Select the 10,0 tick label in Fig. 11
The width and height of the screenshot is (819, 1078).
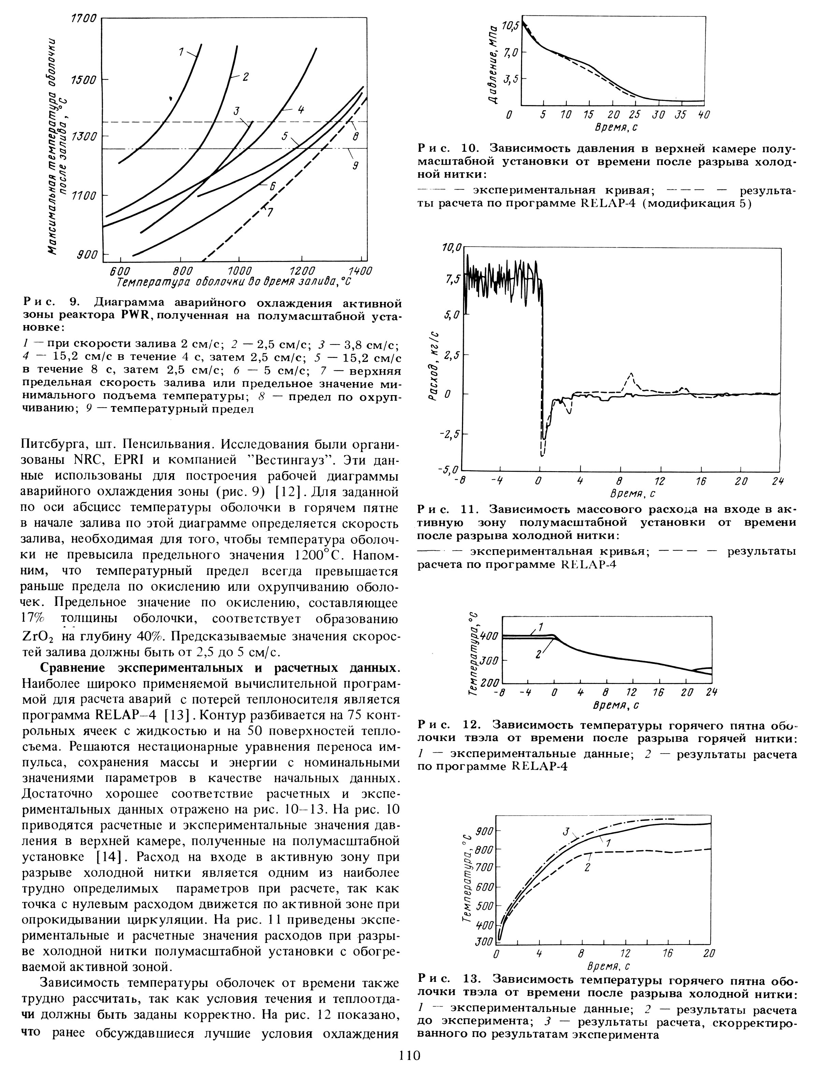pos(451,249)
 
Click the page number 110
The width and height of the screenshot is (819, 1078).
pos(409,1065)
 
